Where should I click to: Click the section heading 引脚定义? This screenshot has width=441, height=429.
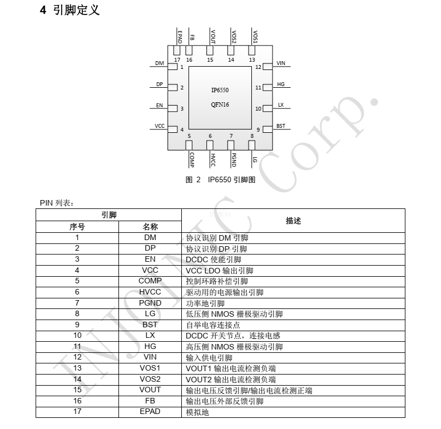(76, 10)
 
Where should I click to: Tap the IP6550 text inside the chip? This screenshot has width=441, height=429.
(220, 90)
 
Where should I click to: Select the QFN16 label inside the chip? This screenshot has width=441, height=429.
(220, 104)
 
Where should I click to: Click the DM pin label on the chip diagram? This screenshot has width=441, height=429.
(160, 63)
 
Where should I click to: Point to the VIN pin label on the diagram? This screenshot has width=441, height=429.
(281, 63)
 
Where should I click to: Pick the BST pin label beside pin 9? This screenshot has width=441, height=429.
(281, 126)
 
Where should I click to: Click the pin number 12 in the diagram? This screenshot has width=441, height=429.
(258, 67)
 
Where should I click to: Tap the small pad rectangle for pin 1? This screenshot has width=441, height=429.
(172, 67)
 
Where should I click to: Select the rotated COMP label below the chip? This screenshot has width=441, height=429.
(192, 159)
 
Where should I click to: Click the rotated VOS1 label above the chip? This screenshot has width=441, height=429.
(255, 37)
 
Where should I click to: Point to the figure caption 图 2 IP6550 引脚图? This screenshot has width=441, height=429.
(220, 179)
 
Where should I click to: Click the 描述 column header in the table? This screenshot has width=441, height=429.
(293, 221)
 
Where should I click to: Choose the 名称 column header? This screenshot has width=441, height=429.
(150, 227)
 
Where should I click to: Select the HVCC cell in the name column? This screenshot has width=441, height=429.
(150, 292)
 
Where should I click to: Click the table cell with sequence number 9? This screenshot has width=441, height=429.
(77, 325)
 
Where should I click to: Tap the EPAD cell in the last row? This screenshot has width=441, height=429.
(150, 411)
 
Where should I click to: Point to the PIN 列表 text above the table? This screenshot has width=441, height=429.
(57, 203)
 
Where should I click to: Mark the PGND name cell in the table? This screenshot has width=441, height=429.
(150, 303)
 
